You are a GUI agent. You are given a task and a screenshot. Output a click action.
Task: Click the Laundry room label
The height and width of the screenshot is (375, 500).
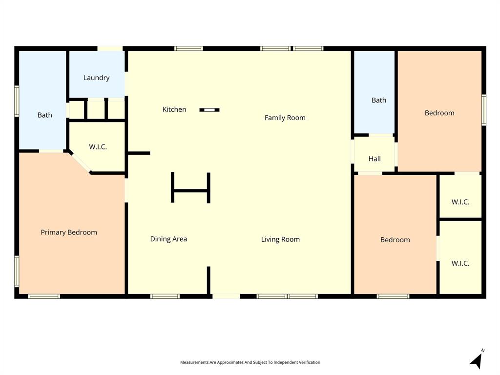click(96, 78)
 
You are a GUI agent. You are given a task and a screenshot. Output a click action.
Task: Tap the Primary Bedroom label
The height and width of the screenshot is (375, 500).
click(69, 232)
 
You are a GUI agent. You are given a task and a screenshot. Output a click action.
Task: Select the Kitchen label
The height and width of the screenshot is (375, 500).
click(174, 109)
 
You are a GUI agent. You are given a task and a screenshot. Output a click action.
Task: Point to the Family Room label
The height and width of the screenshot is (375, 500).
click(285, 118)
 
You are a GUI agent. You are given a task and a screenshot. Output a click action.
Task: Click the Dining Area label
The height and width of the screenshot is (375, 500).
click(168, 239)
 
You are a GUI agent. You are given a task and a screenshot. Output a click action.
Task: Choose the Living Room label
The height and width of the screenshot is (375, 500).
click(280, 239)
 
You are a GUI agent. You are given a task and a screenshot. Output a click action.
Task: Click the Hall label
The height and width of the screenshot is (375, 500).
click(375, 159)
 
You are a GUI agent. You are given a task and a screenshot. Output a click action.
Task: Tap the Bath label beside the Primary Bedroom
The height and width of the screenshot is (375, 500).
click(45, 115)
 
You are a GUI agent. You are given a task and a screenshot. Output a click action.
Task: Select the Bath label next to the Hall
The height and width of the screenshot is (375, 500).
click(379, 100)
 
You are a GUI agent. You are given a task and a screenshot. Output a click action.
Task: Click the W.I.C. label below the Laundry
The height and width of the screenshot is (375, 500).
click(98, 146)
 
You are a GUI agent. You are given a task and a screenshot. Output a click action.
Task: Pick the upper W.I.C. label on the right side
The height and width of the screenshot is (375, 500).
click(460, 202)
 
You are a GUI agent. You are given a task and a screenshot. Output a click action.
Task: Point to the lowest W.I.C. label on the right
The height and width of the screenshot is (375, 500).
click(460, 263)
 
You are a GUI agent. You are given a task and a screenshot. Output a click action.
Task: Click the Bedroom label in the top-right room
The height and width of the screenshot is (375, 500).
click(439, 113)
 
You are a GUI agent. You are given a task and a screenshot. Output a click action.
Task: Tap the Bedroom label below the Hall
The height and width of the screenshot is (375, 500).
click(395, 240)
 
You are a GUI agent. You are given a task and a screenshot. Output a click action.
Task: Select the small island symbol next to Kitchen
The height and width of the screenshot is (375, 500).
click(209, 110)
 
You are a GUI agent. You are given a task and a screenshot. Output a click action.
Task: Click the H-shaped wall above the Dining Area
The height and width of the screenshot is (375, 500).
click(190, 190)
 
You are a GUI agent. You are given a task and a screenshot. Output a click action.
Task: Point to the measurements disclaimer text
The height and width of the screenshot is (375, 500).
click(250, 362)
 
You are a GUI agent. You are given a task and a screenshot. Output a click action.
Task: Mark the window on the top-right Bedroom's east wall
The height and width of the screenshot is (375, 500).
click(484, 110)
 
